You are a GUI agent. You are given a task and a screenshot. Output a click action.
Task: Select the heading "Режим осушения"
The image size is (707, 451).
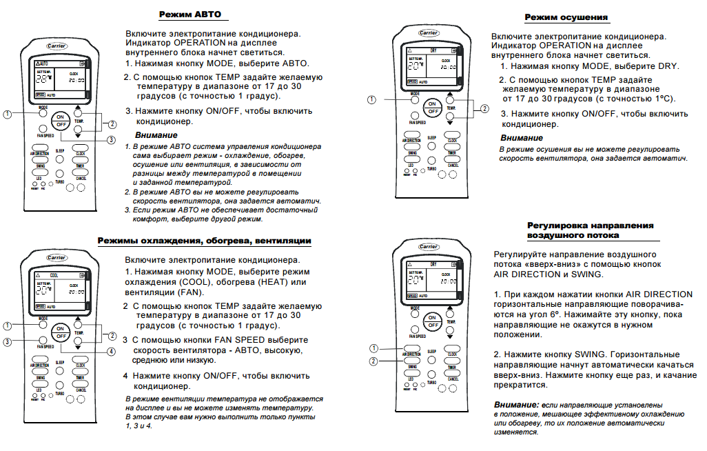click(566, 17)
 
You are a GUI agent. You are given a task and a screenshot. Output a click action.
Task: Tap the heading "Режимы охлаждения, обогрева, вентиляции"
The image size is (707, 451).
click(204, 241)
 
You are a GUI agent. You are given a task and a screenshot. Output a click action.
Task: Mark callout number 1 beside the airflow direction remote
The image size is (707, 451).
click(374, 347)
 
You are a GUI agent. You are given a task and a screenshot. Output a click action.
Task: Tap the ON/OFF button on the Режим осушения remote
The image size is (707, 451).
click(432, 106)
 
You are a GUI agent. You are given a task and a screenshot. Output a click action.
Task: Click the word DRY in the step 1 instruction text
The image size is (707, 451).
click(667, 66)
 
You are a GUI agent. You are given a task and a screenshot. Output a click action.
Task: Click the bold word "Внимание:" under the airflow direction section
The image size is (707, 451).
click(516, 404)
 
